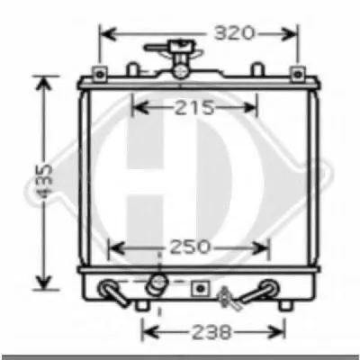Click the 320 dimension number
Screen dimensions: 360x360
coord(234,33)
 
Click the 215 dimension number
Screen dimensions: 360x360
coord(195,108)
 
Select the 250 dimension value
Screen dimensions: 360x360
coord(190,247)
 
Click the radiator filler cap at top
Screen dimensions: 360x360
coord(180,48)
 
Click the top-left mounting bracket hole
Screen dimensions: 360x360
coord(100,74)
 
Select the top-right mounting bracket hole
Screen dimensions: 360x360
coord(297,74)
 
